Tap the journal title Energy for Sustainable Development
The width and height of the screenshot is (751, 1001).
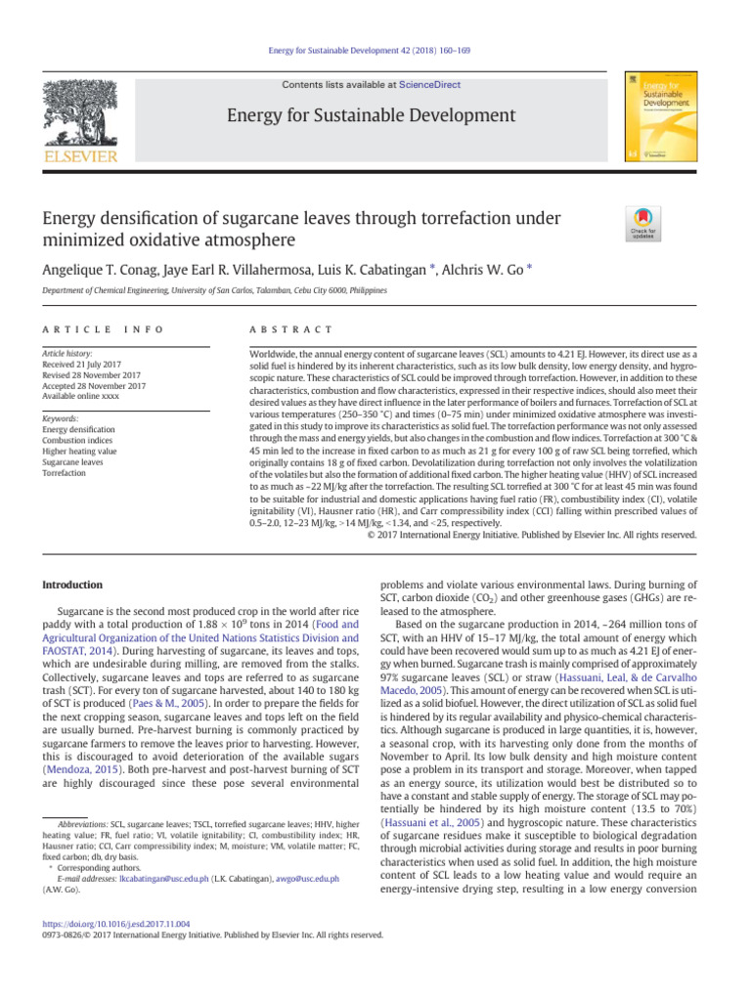pos(370,116)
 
